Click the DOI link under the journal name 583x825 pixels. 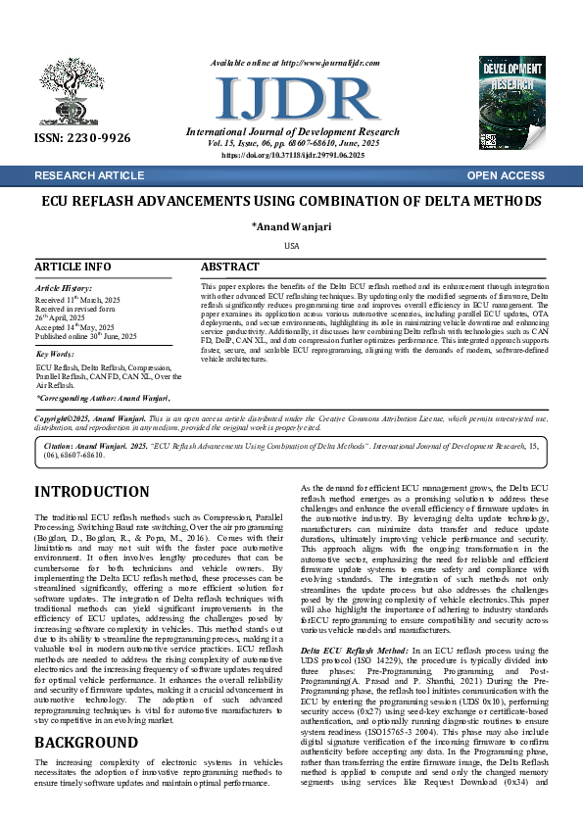point(293,155)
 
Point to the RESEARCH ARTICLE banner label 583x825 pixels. point(88,175)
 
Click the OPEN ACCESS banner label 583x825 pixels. point(506,175)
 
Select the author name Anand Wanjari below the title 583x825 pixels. point(291,227)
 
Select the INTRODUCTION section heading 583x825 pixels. point(92,492)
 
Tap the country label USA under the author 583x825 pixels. point(291,245)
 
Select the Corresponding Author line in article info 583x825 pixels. point(103,399)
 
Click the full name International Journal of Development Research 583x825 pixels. point(293,132)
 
